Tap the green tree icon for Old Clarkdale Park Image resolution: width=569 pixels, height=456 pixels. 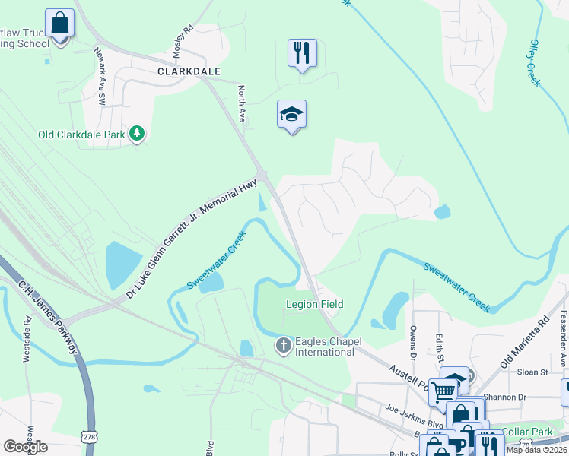[137, 135]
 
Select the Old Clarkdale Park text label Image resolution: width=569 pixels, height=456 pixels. [81, 135]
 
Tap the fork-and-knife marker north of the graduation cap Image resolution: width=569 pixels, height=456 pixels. [302, 53]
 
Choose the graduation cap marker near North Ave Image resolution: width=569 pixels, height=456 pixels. [291, 115]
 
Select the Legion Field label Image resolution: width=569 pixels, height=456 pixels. [314, 304]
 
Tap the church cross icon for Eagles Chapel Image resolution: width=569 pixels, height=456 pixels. [283, 347]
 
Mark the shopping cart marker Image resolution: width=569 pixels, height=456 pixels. [443, 391]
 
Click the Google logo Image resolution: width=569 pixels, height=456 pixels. [26, 446]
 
